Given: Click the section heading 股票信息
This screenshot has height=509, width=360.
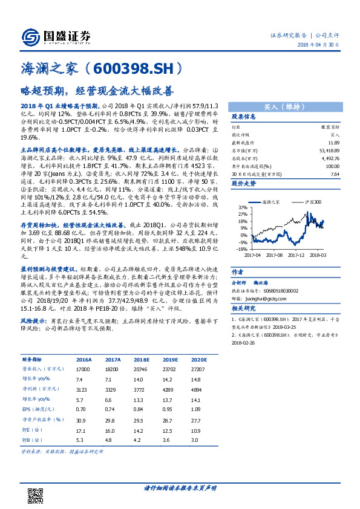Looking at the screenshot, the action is pos(244,117).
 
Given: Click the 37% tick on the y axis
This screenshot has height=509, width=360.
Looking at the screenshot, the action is pos(240,207).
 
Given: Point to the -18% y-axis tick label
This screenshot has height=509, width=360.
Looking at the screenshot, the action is pos(240,248).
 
